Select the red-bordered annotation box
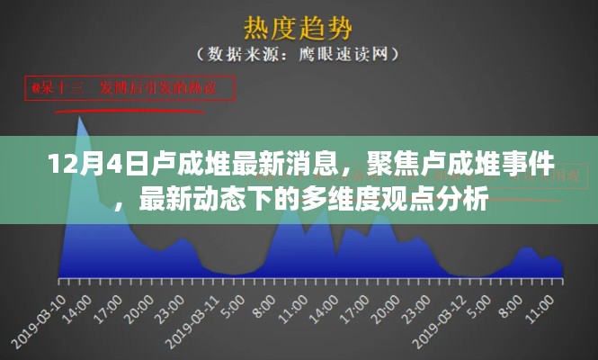point(129,88)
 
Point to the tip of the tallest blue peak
point(82,118)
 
